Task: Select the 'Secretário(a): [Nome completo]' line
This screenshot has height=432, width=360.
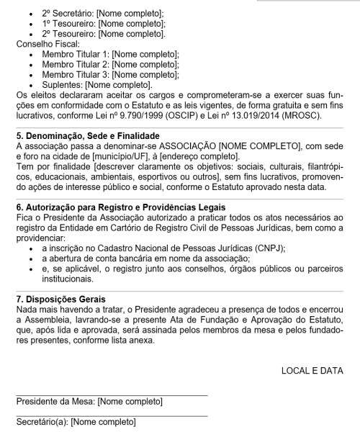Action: [76, 421]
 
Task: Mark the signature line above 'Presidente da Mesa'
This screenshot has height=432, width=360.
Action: [112, 394]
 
